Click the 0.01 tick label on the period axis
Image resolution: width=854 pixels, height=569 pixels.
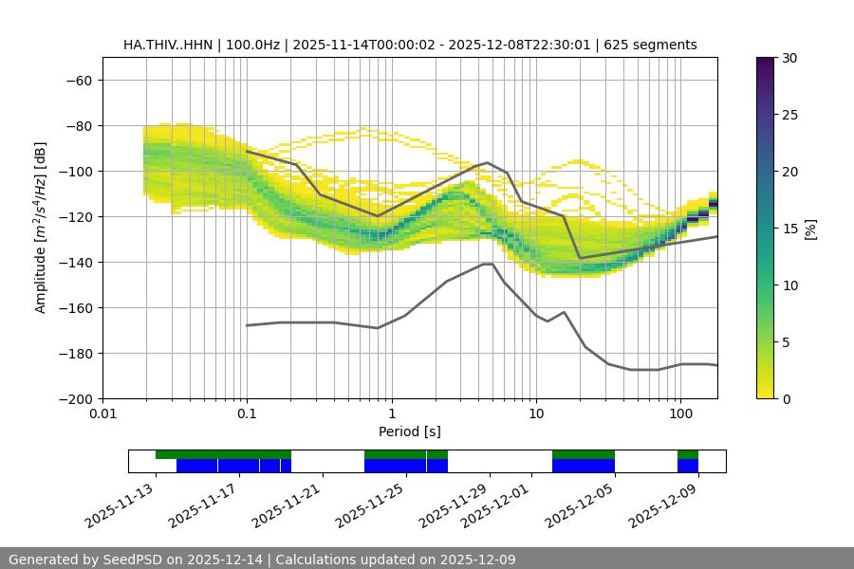[102, 414]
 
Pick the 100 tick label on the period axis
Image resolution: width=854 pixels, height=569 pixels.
[679, 414]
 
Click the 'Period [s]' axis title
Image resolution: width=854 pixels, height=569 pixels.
[409, 431]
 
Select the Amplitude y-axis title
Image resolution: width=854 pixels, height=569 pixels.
[41, 228]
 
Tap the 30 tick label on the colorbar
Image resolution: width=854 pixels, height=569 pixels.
[788, 58]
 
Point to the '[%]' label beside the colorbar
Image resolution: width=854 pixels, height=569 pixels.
[810, 228]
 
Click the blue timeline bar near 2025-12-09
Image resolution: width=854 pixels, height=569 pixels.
[688, 466]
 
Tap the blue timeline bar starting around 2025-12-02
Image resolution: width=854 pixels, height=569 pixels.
[583, 466]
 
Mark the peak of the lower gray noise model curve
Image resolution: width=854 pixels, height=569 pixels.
[488, 264]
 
